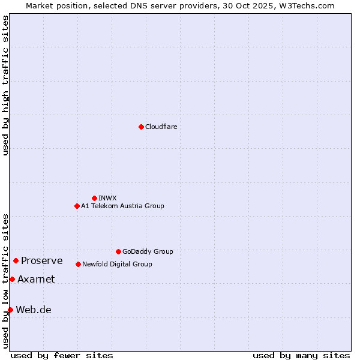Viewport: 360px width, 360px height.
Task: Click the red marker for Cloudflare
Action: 141,127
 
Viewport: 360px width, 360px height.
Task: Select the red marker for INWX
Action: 94,198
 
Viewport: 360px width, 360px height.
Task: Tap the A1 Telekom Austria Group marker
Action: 77,206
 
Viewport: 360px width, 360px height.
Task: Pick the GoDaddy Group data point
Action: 118,251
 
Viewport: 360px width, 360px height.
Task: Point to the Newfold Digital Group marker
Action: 78,264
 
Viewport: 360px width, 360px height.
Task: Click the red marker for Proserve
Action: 16,260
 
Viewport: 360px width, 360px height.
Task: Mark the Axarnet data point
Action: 12,279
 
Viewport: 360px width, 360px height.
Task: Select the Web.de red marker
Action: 10,310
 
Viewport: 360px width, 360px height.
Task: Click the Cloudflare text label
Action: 161,127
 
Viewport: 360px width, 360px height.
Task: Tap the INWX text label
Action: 107,198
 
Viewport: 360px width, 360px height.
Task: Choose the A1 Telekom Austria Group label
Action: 122,206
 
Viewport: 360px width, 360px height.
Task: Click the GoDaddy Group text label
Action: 148,251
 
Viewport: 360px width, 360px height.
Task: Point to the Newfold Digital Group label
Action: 117,264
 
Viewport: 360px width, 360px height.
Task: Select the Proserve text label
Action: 41,260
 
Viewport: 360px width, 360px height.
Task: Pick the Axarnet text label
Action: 36,279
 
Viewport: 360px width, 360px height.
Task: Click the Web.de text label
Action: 34,310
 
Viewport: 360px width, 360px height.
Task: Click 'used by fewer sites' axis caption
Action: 62,355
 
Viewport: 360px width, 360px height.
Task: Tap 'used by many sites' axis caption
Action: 301,355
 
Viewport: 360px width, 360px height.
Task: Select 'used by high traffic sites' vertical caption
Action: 5,85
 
